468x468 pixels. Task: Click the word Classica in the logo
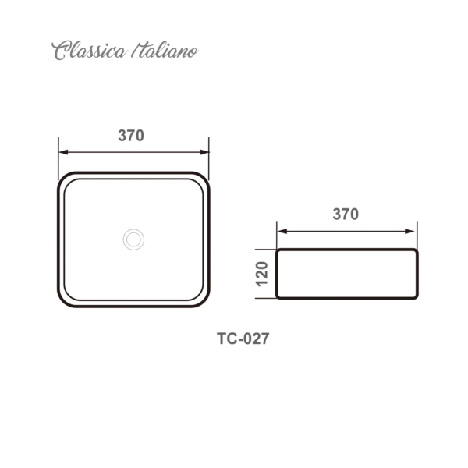[x=89, y=51]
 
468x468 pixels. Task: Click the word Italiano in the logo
[x=165, y=51]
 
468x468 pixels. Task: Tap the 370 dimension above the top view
[x=131, y=136]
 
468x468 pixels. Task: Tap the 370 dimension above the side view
[x=346, y=214]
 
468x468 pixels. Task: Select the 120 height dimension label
[x=262, y=274]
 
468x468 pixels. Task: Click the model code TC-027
[x=243, y=339]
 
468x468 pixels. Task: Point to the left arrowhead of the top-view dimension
[x=64, y=152]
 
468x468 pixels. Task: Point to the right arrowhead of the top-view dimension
[x=204, y=152]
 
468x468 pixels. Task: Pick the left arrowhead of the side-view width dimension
[x=282, y=232]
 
